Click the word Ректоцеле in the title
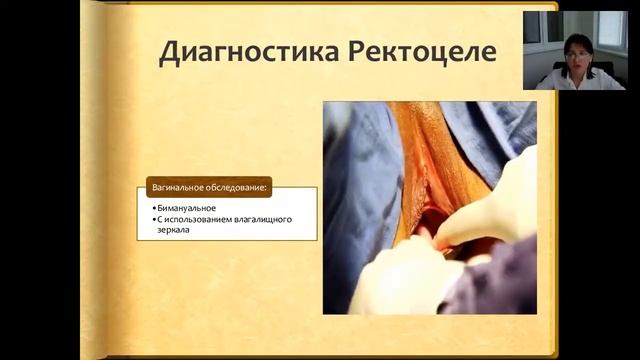[424, 53]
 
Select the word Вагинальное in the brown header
[179, 188]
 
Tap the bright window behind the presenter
[610, 30]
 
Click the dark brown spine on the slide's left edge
[93, 180]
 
